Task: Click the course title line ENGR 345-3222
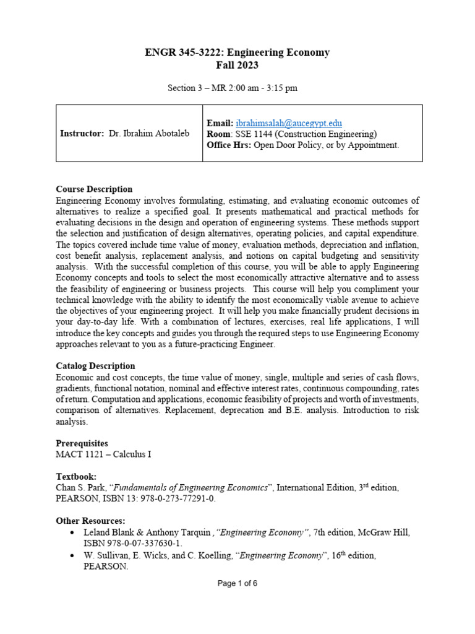237,53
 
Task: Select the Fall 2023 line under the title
237,65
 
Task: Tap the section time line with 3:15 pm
233,88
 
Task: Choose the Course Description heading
94,189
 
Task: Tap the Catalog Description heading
95,366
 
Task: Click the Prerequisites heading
82,443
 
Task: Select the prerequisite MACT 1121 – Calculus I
103,454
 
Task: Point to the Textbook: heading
77,477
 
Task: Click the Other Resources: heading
90,521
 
